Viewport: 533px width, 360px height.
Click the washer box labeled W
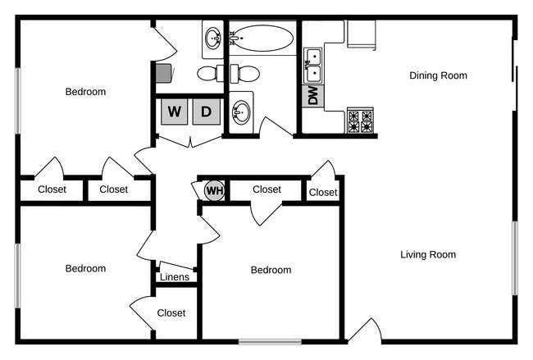pyautogui.click(x=173, y=112)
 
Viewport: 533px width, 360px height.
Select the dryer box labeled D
pyautogui.click(x=207, y=112)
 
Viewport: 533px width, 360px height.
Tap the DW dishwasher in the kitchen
pyautogui.click(x=312, y=96)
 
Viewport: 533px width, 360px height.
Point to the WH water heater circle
pyautogui.click(x=214, y=191)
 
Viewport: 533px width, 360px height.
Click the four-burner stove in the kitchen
pyautogui.click(x=360, y=121)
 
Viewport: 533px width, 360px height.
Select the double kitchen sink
pyautogui.click(x=312, y=66)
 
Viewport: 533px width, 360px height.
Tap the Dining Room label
pyautogui.click(x=438, y=75)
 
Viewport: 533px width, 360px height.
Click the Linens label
pyautogui.click(x=174, y=277)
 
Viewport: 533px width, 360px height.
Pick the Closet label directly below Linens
pyautogui.click(x=171, y=312)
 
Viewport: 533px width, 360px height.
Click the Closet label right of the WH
pyautogui.click(x=266, y=189)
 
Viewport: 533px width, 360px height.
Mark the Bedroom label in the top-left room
pyautogui.click(x=85, y=92)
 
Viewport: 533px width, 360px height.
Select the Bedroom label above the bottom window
pyautogui.click(x=271, y=270)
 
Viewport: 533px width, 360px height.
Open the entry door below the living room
pyautogui.click(x=365, y=331)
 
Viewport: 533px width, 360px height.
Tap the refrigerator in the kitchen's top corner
pyautogui.click(x=361, y=35)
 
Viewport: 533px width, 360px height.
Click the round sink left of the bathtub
pyautogui.click(x=213, y=37)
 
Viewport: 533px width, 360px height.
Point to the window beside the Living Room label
pyautogui.click(x=515, y=257)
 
